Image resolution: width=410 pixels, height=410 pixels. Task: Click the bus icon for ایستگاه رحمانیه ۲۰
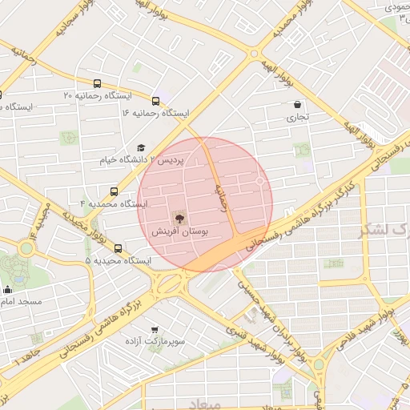click(x=98, y=83)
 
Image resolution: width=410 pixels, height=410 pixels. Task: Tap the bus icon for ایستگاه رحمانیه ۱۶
click(x=155, y=100)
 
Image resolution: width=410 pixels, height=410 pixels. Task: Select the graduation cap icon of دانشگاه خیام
click(x=142, y=147)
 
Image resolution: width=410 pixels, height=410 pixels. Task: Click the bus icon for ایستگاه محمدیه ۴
click(x=114, y=191)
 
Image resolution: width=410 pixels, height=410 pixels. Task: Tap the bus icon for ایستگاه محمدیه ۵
click(x=119, y=248)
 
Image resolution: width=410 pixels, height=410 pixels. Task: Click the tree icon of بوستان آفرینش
click(x=178, y=217)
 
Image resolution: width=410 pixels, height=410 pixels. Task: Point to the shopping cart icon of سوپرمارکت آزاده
click(x=155, y=329)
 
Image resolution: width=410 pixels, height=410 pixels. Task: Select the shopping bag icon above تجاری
click(x=298, y=104)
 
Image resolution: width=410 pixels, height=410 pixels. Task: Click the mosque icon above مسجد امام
click(x=8, y=289)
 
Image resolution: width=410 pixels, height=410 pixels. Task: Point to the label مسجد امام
click(x=21, y=302)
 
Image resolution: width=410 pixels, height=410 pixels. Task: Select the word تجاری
click(x=298, y=117)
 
